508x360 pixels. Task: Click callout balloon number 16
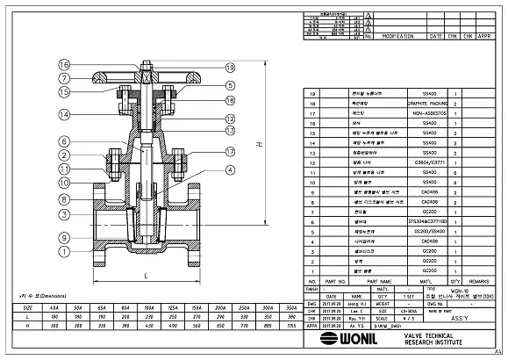pyautogui.click(x=64, y=65)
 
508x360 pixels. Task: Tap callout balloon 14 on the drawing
pyautogui.click(x=64, y=114)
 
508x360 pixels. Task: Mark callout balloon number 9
pyautogui.click(x=64, y=237)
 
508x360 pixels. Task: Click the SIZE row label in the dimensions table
pyautogui.click(x=27, y=308)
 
